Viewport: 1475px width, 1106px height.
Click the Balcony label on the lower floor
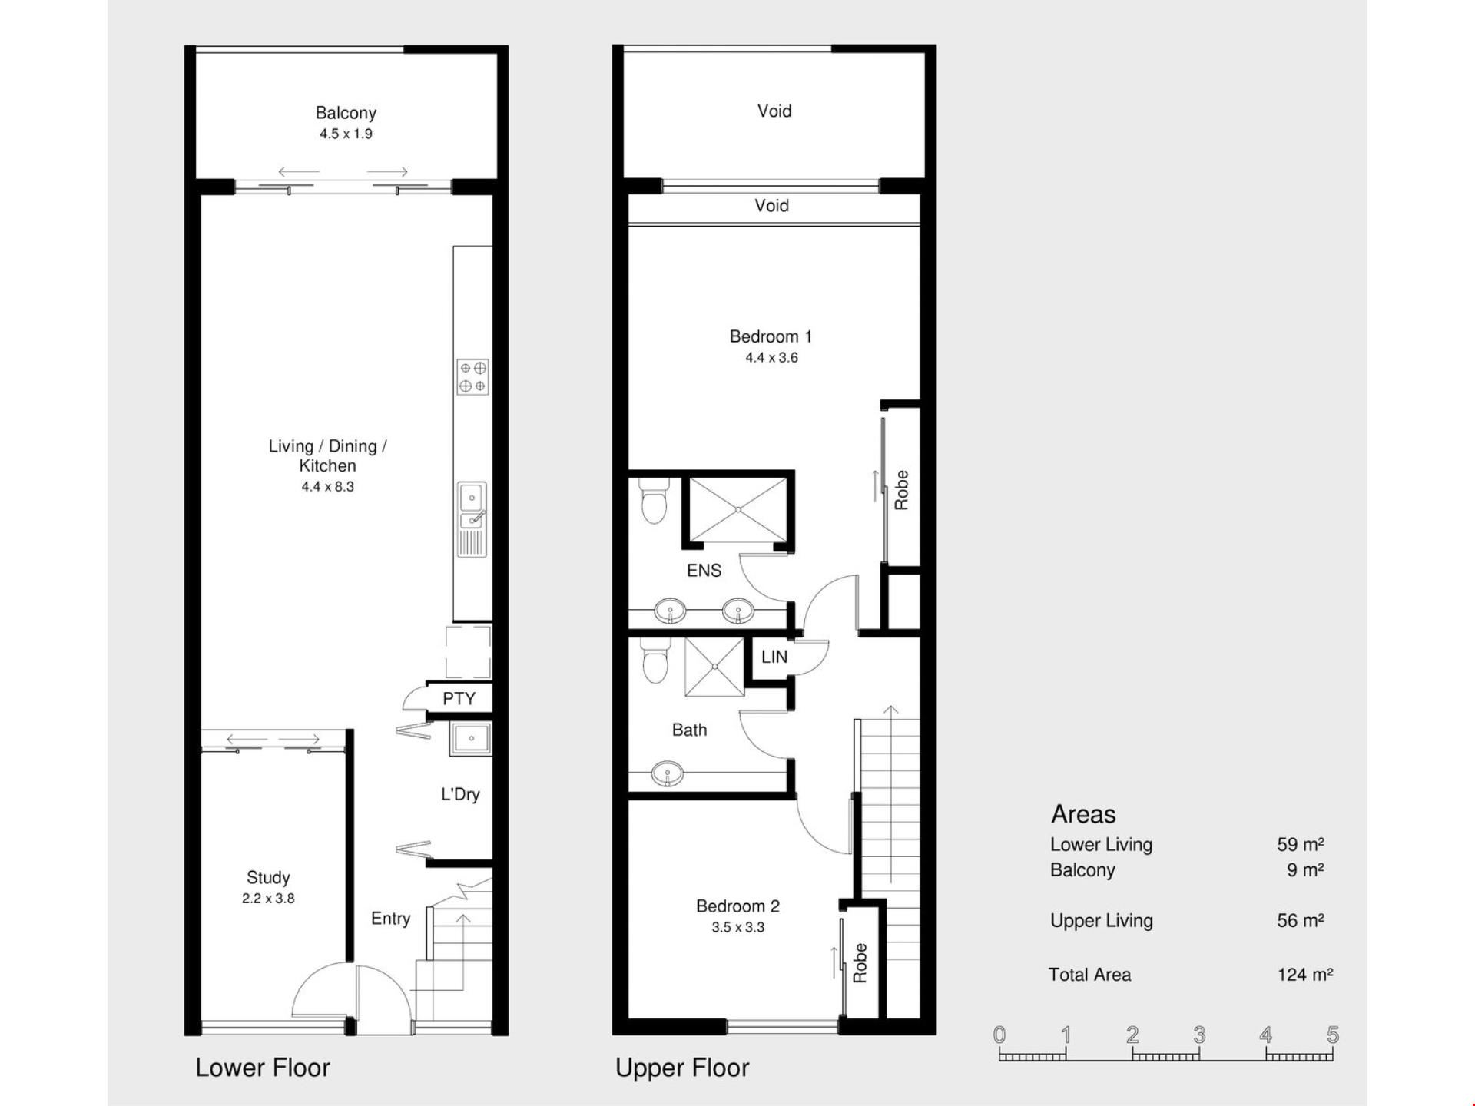tap(346, 113)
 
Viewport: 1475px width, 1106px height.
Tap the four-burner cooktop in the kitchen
tap(472, 376)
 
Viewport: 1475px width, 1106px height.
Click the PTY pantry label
tap(459, 699)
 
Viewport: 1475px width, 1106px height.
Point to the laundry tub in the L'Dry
tap(470, 739)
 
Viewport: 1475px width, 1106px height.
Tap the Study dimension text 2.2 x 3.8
tap(268, 899)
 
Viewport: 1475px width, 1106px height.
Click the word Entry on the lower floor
tap(390, 919)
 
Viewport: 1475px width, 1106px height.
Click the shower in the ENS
tap(737, 509)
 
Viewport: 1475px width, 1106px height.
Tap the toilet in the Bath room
tap(655, 661)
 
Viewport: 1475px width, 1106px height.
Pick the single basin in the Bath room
tap(667, 774)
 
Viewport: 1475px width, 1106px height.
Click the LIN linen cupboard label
tap(774, 657)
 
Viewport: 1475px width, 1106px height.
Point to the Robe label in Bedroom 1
tap(902, 490)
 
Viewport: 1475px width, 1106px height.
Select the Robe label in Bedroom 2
tap(860, 963)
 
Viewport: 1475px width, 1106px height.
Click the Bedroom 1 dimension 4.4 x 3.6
tap(771, 358)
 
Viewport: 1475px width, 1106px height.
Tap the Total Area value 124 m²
tap(1304, 975)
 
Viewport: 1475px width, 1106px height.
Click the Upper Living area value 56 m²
tap(1300, 920)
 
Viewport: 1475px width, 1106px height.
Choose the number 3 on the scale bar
tap(1199, 1035)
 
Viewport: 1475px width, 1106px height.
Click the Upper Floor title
tap(682, 1068)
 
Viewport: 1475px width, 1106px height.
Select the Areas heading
tap(1083, 814)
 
